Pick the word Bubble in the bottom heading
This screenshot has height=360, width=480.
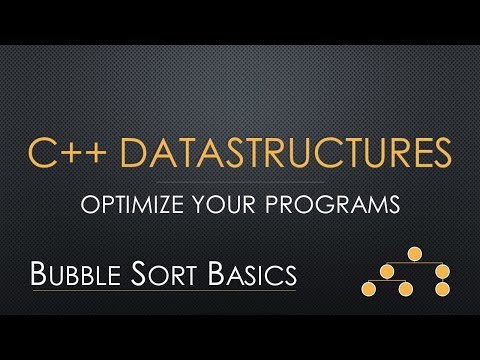pyautogui.click(x=78, y=272)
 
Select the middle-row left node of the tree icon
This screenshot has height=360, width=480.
pyautogui.click(x=387, y=271)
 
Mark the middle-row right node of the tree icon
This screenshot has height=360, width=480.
pyautogui.click(x=442, y=271)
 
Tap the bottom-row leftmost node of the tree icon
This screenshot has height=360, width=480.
pyautogui.click(x=369, y=289)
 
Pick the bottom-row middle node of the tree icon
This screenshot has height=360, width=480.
pyautogui.click(x=405, y=289)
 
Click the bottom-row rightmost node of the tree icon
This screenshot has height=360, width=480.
pyautogui.click(x=442, y=289)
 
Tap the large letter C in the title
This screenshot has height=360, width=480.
pyautogui.click(x=46, y=157)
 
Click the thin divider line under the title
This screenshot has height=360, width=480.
pyautogui.click(x=240, y=183)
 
